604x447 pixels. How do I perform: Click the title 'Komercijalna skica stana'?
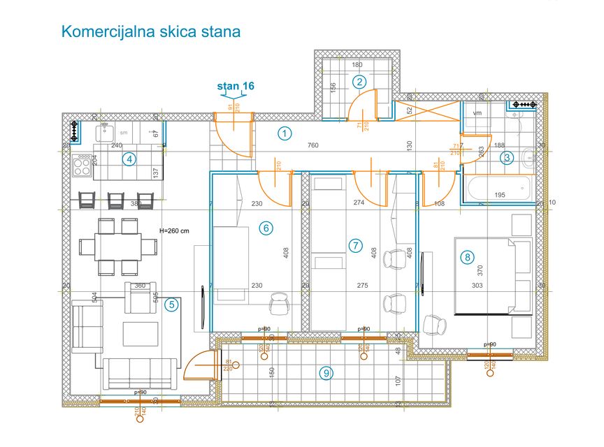pyautogui.click(x=151, y=31)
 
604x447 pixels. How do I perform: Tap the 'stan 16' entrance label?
pyautogui.click(x=236, y=86)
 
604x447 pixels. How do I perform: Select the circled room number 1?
pyautogui.click(x=284, y=133)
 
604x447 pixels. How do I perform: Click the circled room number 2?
pyautogui.click(x=359, y=81)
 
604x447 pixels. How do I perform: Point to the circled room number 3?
pyautogui.click(x=508, y=158)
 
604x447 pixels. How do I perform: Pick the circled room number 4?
pyautogui.click(x=129, y=159)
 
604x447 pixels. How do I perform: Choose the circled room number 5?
pyautogui.click(x=171, y=304)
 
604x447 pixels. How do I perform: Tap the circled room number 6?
pyautogui.click(x=264, y=227)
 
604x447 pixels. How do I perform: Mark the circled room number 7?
pyautogui.click(x=355, y=245)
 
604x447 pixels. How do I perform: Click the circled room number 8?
pyautogui.click(x=467, y=257)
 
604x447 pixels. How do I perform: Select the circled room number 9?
pyautogui.click(x=326, y=373)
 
